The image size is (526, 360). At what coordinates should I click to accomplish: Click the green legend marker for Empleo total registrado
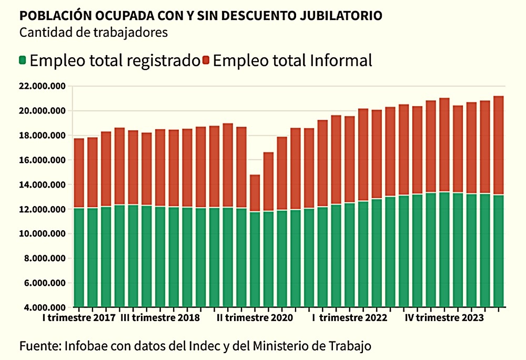(x=22, y=60)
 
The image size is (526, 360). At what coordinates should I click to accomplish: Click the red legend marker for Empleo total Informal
(x=206, y=60)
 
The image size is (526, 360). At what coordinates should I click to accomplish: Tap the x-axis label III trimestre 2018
(x=160, y=318)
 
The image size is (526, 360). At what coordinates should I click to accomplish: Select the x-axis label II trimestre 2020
(x=255, y=318)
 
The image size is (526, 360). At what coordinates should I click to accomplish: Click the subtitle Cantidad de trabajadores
(x=93, y=32)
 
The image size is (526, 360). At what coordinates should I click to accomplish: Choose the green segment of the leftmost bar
(x=79, y=258)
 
